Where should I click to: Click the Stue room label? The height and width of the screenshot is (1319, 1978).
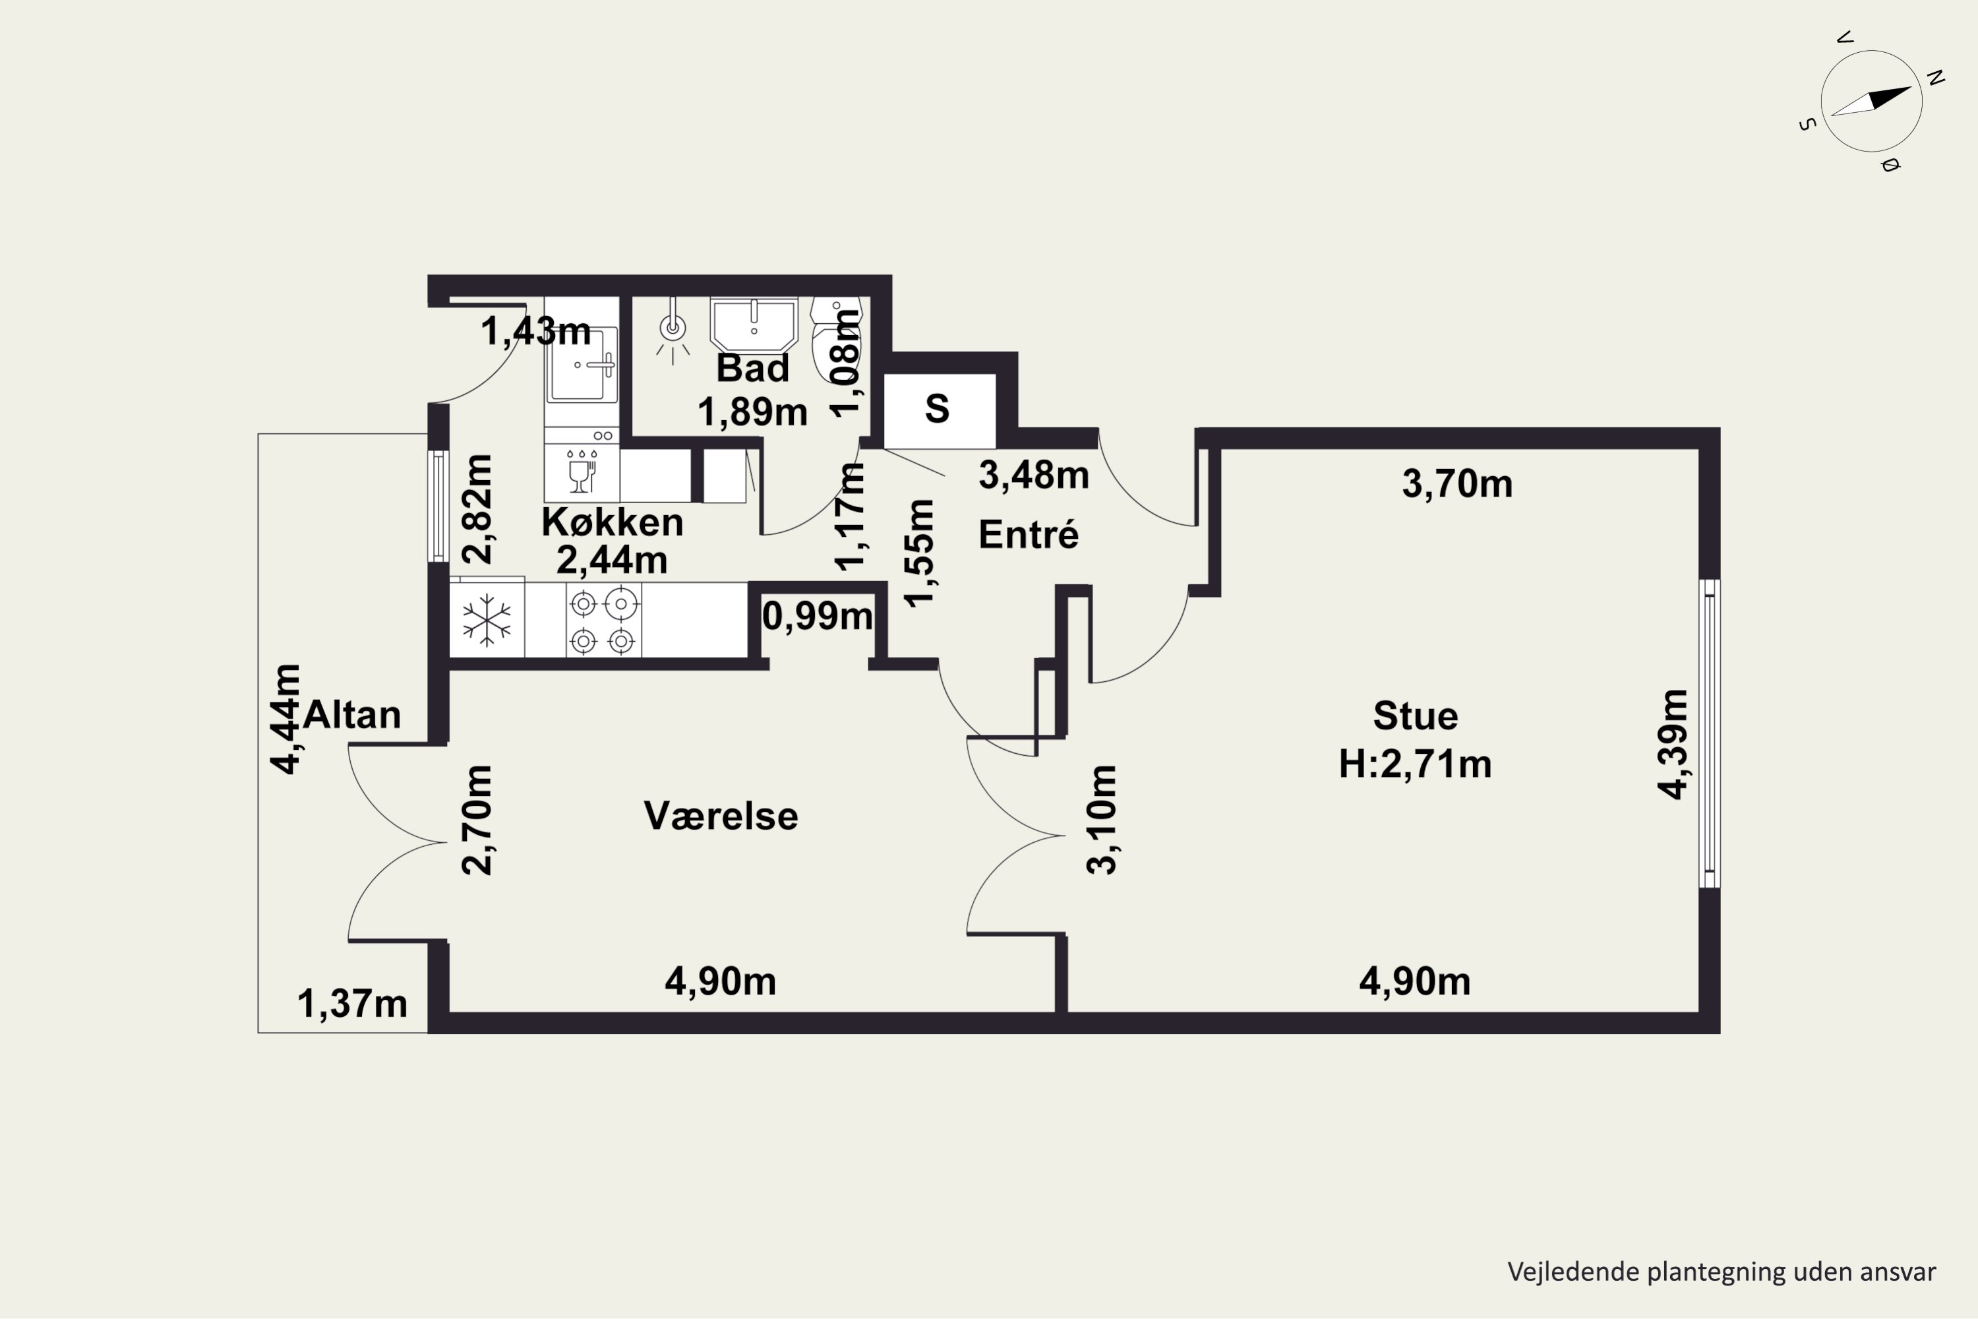[x=1416, y=716]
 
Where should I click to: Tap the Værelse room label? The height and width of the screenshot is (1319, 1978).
[x=721, y=816]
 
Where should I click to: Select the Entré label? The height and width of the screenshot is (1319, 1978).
[x=1029, y=534]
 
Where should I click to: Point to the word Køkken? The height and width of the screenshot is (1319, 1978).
[x=613, y=522]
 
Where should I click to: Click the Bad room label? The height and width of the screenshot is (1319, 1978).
[x=753, y=369]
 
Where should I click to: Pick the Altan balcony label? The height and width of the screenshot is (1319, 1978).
[x=351, y=715]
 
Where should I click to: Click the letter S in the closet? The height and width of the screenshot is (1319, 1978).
[x=937, y=409]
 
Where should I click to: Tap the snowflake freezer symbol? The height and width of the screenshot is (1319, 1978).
[x=487, y=621]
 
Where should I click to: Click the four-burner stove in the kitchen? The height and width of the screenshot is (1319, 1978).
[x=603, y=621]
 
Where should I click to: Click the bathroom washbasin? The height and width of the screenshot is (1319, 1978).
[x=754, y=326]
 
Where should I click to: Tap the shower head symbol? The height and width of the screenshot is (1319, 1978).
[x=673, y=329]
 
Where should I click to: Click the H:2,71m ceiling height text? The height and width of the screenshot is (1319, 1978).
[x=1416, y=764]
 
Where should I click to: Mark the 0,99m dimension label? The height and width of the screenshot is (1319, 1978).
[x=818, y=617]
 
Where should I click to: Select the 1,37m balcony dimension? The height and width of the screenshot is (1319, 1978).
[x=352, y=1004]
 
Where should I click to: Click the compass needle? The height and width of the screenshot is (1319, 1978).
[x=1871, y=101]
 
